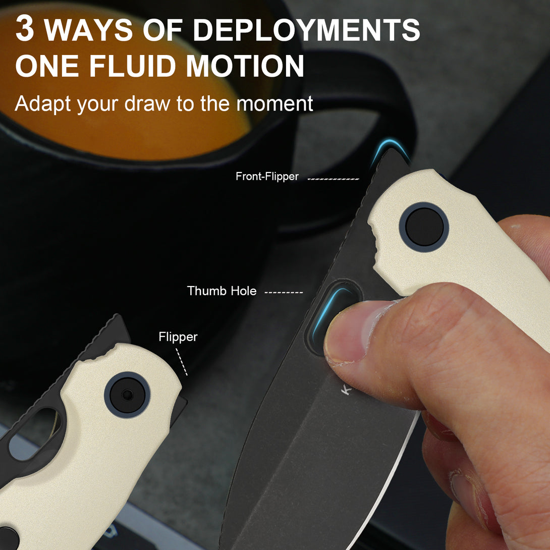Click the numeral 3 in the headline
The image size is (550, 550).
click(x=25, y=29)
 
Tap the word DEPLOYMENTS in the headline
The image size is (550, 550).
click(x=306, y=29)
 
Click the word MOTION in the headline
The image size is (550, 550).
click(x=245, y=66)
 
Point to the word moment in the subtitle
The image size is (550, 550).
click(x=274, y=104)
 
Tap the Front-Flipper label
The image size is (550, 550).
click(x=267, y=176)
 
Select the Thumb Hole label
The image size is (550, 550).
click(x=222, y=291)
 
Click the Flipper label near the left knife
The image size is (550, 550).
click(x=178, y=337)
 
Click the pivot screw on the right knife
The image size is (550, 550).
click(x=424, y=227)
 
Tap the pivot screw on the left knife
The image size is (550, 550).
click(x=127, y=395)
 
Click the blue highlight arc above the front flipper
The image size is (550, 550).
click(x=390, y=148)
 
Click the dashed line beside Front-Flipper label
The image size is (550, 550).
click(x=333, y=179)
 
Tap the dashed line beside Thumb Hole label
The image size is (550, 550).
click(x=284, y=292)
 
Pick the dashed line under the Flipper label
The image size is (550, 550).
click(x=181, y=362)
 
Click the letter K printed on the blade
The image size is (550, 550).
click(x=346, y=390)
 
